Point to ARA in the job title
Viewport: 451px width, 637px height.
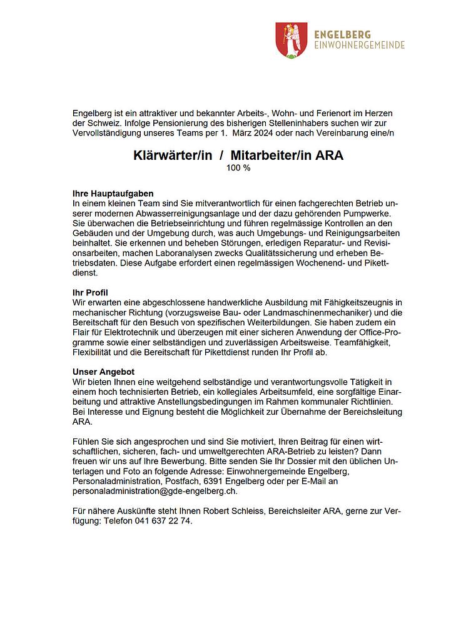pyautogui.click(x=328, y=156)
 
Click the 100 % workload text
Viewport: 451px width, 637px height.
pyautogui.click(x=238, y=168)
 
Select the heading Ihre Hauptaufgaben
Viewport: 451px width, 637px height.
pyautogui.click(x=113, y=194)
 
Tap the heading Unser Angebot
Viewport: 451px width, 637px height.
pyautogui.click(x=104, y=372)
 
